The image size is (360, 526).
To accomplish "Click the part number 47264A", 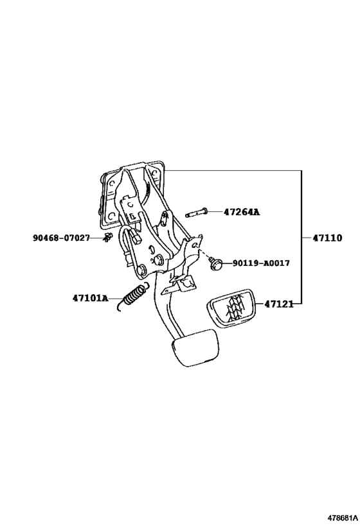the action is point(242,213).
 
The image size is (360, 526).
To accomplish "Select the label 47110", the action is point(327,238).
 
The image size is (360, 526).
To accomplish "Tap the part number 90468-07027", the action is point(61,238).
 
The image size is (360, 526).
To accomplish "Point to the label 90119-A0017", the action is point(261,263).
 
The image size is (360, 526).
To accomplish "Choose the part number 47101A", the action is point(91,298).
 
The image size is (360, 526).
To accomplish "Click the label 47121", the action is point(279,304).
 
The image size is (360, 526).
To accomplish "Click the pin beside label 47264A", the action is point(197,213).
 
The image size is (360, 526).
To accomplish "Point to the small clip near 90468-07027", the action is point(107,237).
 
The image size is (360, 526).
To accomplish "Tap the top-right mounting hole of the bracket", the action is point(155,173).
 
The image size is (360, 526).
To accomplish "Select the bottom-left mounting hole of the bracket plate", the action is point(112,216).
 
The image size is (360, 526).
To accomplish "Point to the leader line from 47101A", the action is point(116,298).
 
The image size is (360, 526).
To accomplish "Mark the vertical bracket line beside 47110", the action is point(301,237).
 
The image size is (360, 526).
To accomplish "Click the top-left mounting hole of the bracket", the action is point(112,184).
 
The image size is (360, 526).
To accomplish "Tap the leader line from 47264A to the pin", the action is point(215,213).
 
